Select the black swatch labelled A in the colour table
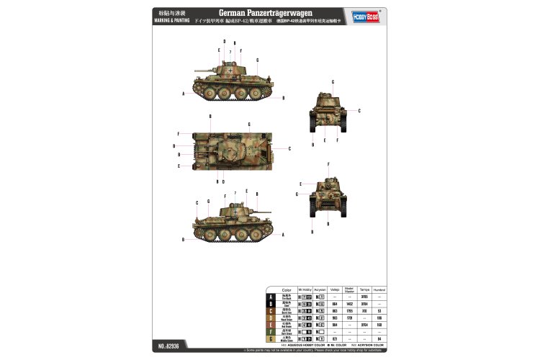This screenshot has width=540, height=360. (x=271, y=297)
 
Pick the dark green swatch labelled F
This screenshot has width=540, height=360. (x=271, y=331)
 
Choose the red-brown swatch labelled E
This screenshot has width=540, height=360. (x=271, y=324)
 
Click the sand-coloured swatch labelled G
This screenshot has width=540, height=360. (x=271, y=338)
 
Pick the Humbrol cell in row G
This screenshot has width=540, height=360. (x=379, y=338)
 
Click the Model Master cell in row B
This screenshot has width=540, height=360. (x=350, y=304)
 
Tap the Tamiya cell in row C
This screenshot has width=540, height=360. (x=364, y=311)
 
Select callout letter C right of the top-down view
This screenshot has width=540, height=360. (x=289, y=148)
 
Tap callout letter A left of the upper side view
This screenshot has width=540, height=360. (x=184, y=94)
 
